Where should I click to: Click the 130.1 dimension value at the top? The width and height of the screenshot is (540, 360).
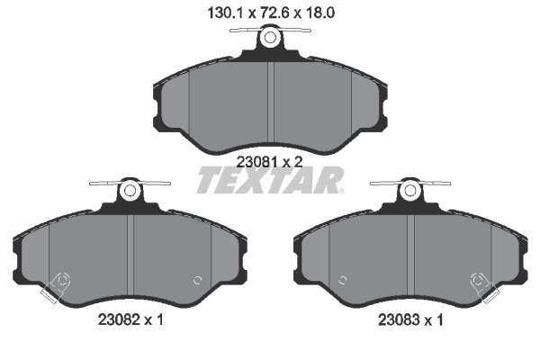[225, 13]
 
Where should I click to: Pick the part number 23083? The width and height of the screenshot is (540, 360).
[399, 319]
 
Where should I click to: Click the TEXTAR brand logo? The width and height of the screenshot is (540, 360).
[270, 180]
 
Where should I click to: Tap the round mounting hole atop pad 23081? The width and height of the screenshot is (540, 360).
[270, 38]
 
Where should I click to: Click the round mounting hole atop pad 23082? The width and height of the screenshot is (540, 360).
[130, 190]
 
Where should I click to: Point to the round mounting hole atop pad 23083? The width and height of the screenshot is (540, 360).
[409, 190]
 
